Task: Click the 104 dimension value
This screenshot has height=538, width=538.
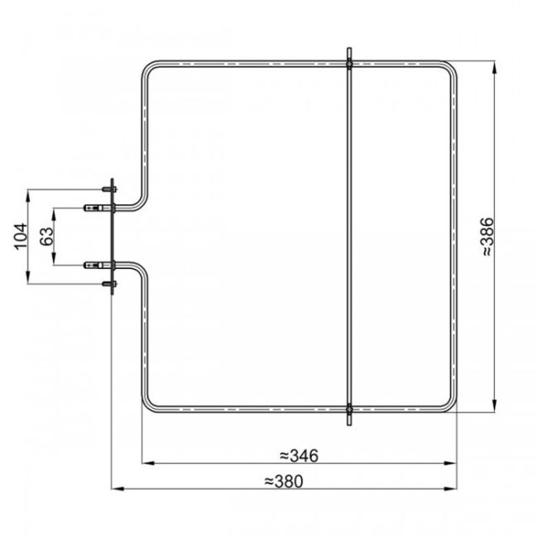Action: (22, 236)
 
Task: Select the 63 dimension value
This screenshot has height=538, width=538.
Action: (47, 236)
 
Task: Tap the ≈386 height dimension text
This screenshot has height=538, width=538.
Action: (488, 237)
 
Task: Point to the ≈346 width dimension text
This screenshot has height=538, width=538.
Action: (299, 455)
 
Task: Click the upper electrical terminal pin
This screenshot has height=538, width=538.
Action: (92, 208)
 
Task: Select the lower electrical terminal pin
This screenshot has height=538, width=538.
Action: (92, 264)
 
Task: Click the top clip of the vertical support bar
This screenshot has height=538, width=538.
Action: (349, 61)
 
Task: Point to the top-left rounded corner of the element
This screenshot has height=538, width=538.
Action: (149, 68)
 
